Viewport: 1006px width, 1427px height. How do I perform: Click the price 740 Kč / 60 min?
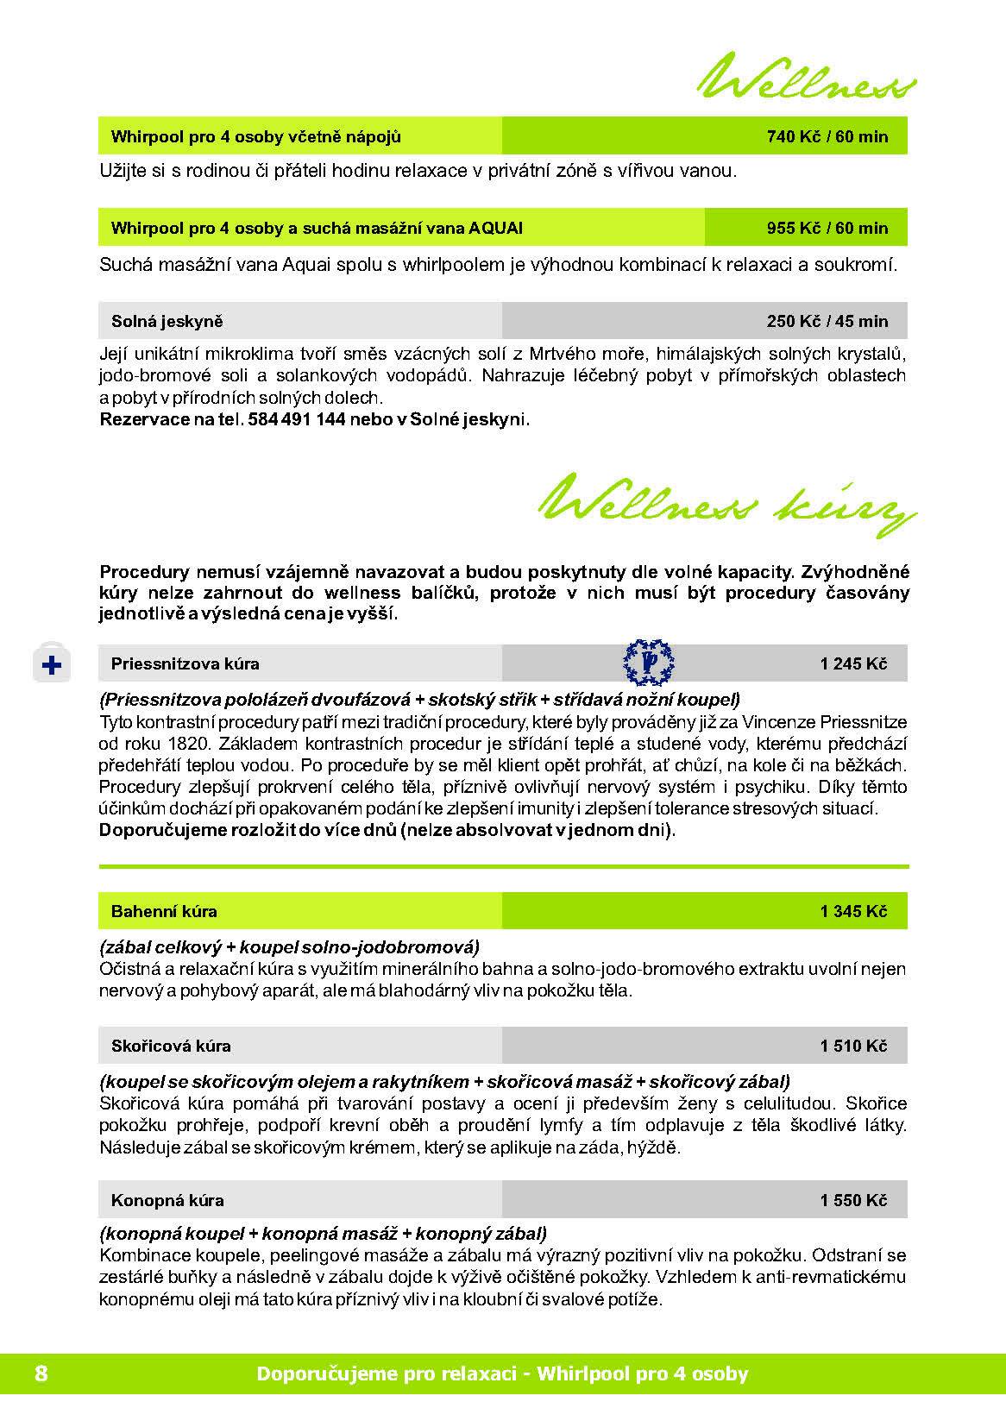[827, 136]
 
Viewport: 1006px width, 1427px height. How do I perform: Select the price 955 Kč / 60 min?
[827, 229]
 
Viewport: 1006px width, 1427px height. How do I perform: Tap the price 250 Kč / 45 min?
[827, 322]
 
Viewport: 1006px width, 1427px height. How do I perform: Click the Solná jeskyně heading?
[167, 322]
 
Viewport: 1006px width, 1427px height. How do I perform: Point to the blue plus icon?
[52, 665]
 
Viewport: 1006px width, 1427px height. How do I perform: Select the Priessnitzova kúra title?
[185, 664]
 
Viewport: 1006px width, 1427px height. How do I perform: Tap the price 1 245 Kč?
[853, 664]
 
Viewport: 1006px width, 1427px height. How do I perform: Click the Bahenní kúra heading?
[164, 911]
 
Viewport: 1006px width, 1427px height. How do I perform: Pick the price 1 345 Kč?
[853, 911]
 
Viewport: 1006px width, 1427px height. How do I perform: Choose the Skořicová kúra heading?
[171, 1047]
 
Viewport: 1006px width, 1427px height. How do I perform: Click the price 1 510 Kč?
[853, 1047]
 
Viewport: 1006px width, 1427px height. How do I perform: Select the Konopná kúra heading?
[167, 1200]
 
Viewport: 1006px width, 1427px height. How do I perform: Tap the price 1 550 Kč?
[853, 1200]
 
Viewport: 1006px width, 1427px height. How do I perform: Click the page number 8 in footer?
[41, 1374]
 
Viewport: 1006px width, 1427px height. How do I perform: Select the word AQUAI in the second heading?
[496, 229]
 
